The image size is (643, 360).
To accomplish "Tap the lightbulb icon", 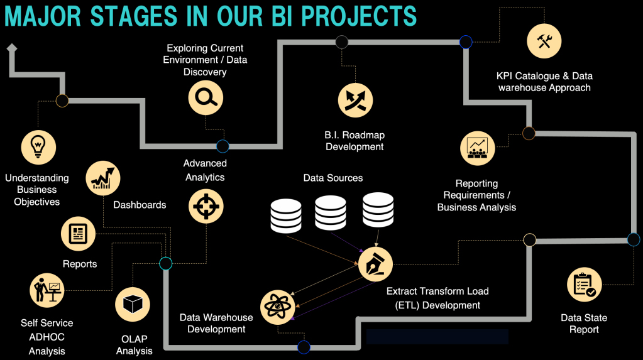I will click(x=39, y=146).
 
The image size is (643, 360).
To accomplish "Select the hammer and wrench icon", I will click(x=544, y=41).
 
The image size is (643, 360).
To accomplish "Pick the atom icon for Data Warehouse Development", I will click(x=278, y=307).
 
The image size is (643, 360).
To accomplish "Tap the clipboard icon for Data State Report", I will click(x=585, y=285).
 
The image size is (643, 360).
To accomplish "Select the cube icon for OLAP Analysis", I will click(x=133, y=305).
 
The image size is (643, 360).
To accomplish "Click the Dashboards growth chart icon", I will click(x=102, y=178).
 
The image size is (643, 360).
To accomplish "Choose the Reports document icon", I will click(x=78, y=234).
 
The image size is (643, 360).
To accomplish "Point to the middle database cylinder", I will click(x=331, y=213).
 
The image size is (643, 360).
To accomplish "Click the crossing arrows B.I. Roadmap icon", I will click(x=356, y=100).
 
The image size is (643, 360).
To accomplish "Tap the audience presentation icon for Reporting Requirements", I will click(x=478, y=148).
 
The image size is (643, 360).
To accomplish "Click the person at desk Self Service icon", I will click(x=47, y=290).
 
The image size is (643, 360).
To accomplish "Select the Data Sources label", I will click(x=333, y=178).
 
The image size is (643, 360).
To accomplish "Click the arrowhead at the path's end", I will click(x=11, y=48).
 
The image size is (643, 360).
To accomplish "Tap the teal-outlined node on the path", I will click(x=166, y=263).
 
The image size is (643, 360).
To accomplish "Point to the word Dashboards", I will click(x=140, y=205).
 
